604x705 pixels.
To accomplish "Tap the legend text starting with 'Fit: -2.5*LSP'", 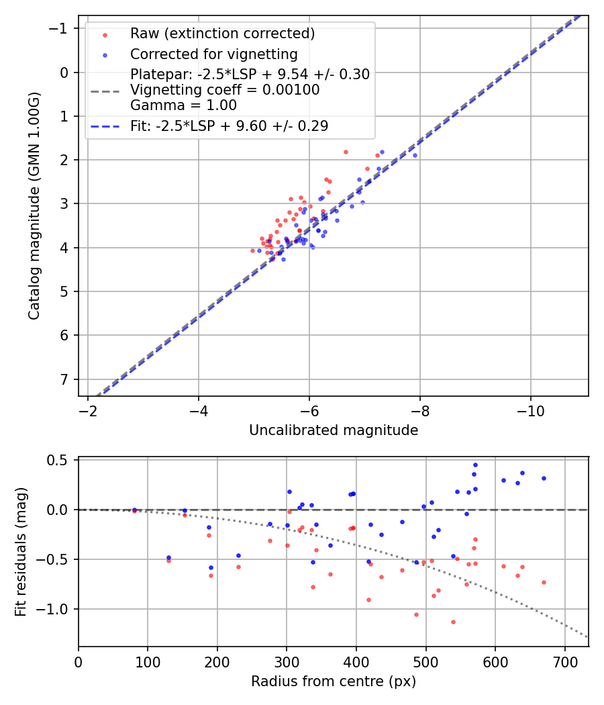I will (229, 126).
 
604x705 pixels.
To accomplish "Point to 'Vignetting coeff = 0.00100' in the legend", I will (225, 90).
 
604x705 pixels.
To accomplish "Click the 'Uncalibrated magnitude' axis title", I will (333, 430).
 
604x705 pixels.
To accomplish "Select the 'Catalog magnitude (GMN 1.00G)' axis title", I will (34, 205).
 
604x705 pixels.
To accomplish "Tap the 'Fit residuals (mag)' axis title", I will (21, 552).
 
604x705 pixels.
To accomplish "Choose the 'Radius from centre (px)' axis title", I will (333, 681).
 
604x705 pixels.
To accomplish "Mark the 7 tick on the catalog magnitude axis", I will (65, 379).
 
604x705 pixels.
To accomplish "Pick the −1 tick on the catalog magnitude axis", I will (61, 29).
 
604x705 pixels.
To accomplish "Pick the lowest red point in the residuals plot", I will (453, 622).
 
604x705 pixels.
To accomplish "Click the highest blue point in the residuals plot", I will (475, 465).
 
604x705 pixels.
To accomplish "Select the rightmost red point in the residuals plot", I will (544, 582).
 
